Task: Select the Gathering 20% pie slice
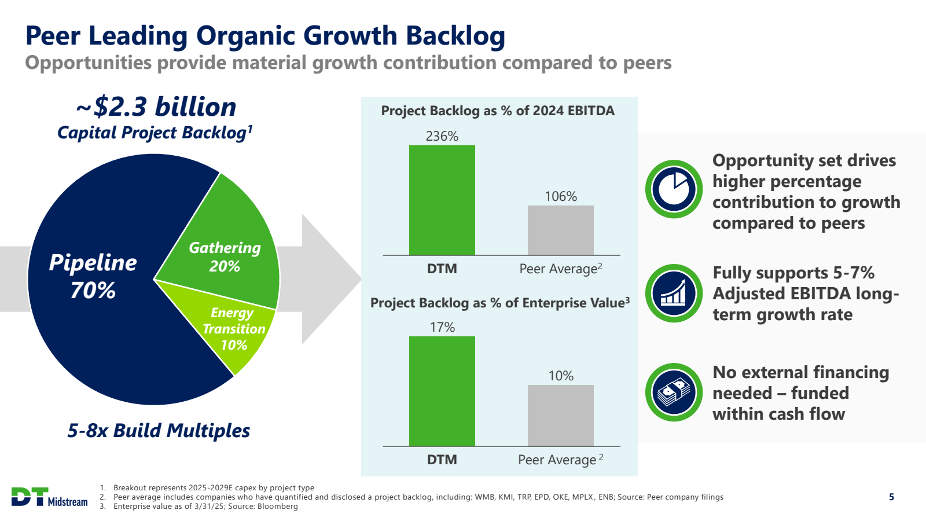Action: pos(226,255)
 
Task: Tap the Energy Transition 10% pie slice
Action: pos(234,330)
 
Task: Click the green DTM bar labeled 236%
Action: pos(442,200)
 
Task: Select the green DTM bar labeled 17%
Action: pos(442,391)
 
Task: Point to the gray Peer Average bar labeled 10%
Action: pos(560,416)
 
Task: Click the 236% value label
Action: pos(442,136)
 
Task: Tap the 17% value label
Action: pos(442,327)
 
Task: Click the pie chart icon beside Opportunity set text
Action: pos(674,189)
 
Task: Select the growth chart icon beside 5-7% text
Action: pos(674,293)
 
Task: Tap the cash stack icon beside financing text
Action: pos(674,392)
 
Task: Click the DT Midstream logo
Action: pos(50,497)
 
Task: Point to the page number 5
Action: pos(891,497)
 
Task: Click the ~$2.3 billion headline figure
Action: pos(156,107)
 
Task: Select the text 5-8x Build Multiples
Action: pos(159,431)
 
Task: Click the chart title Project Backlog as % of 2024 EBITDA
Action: pos(498,111)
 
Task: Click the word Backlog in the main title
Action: pos(455,36)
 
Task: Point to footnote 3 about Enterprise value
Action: pos(205,507)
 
